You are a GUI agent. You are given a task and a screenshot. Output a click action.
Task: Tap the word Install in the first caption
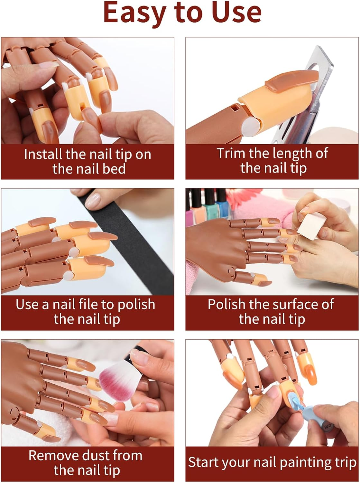pyautogui.click(x=43, y=154)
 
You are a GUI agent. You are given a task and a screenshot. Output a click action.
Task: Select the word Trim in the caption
pyautogui.click(x=231, y=153)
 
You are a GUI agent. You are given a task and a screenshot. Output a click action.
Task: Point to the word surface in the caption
pyautogui.click(x=286, y=304)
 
